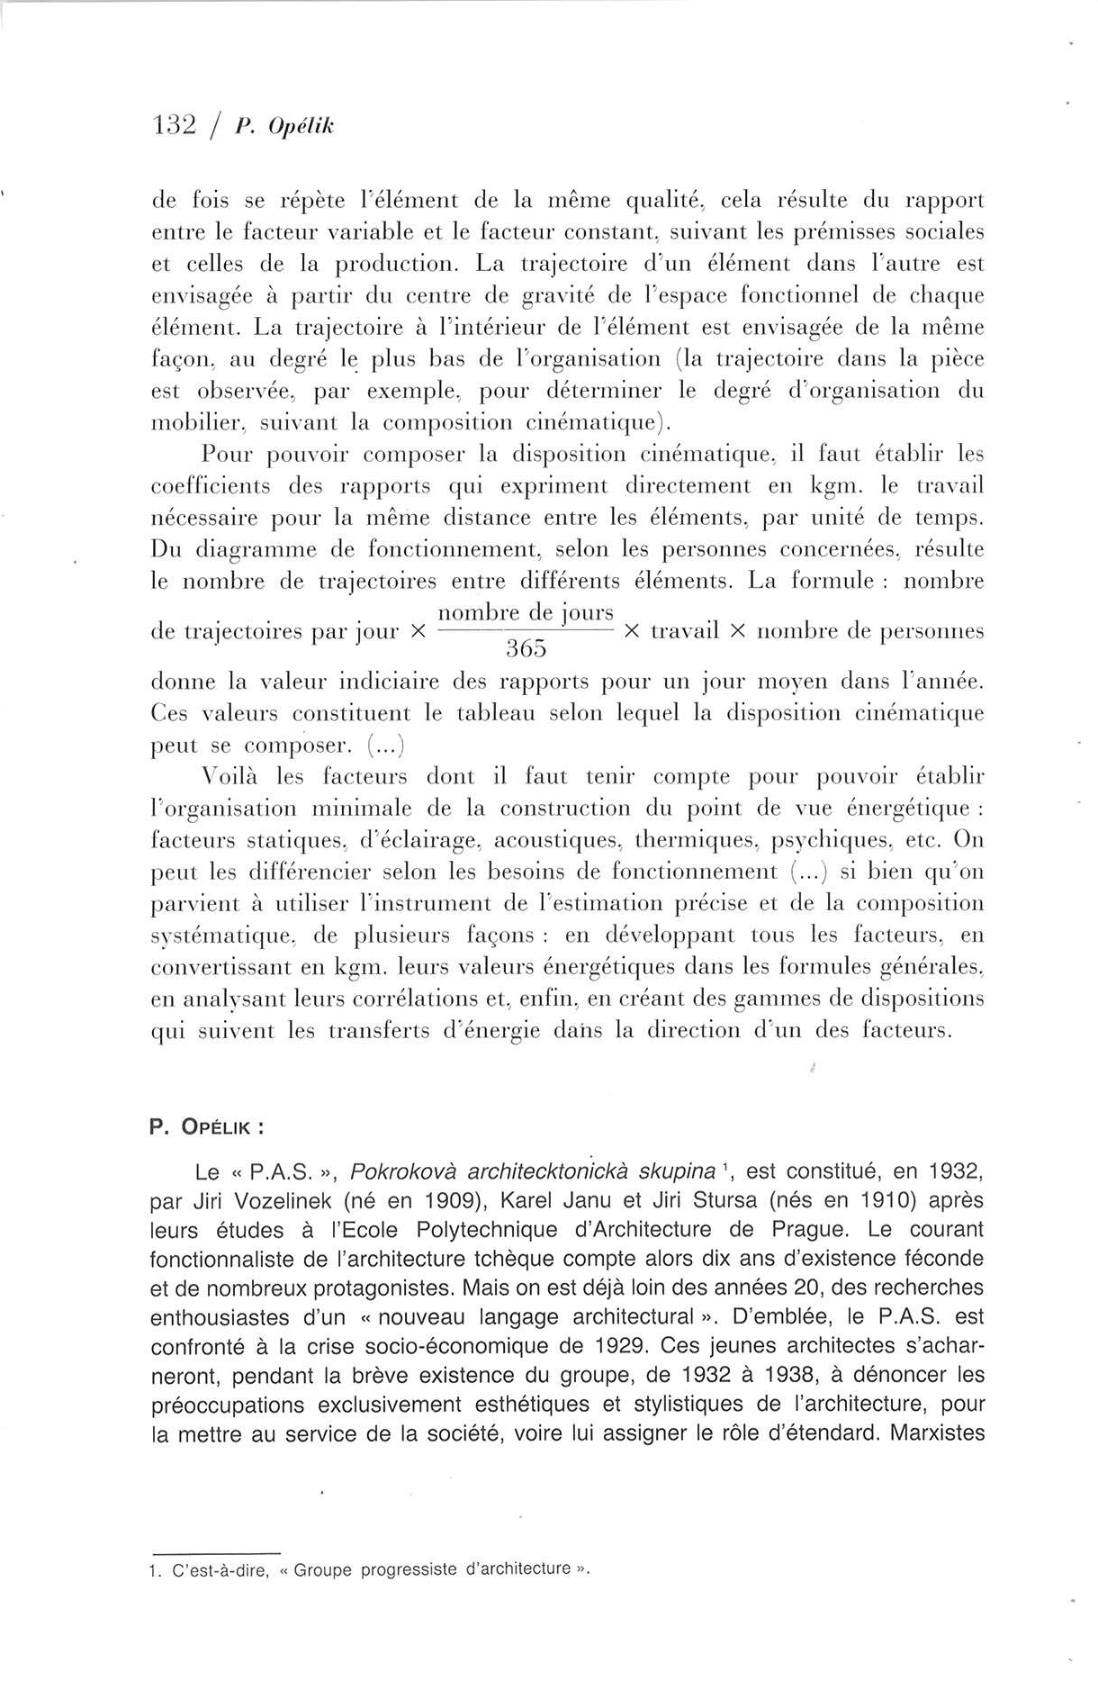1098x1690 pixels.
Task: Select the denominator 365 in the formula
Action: coord(526,648)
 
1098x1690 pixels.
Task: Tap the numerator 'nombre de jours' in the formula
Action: coord(526,614)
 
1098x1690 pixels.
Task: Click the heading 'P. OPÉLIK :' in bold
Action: coord(206,1127)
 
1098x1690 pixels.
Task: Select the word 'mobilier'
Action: coord(190,423)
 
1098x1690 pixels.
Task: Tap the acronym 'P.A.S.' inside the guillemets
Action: coord(282,1172)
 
